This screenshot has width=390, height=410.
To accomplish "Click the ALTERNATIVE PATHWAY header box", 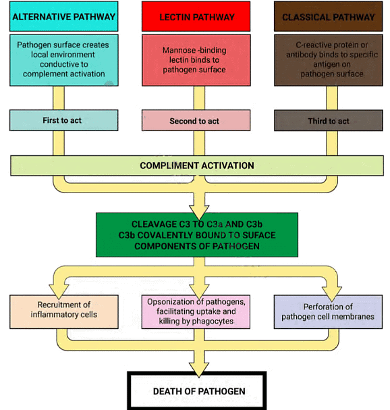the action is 63,16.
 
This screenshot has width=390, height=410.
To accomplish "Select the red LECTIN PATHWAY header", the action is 196,16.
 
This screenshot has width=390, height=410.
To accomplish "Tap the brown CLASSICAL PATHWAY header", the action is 329,16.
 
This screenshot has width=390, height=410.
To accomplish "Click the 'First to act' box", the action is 63,120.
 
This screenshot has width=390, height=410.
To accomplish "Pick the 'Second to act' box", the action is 196,120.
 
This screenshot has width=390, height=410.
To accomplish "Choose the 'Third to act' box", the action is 329,120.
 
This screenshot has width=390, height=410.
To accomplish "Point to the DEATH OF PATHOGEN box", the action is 197,390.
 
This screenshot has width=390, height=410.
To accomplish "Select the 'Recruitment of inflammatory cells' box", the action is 64,311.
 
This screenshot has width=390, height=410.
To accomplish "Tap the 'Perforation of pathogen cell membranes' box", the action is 328,311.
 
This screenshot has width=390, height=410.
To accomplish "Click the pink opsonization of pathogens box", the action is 196,311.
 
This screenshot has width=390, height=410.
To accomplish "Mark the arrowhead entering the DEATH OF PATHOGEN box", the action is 199,369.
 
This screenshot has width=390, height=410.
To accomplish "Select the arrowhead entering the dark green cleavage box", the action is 199,212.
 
